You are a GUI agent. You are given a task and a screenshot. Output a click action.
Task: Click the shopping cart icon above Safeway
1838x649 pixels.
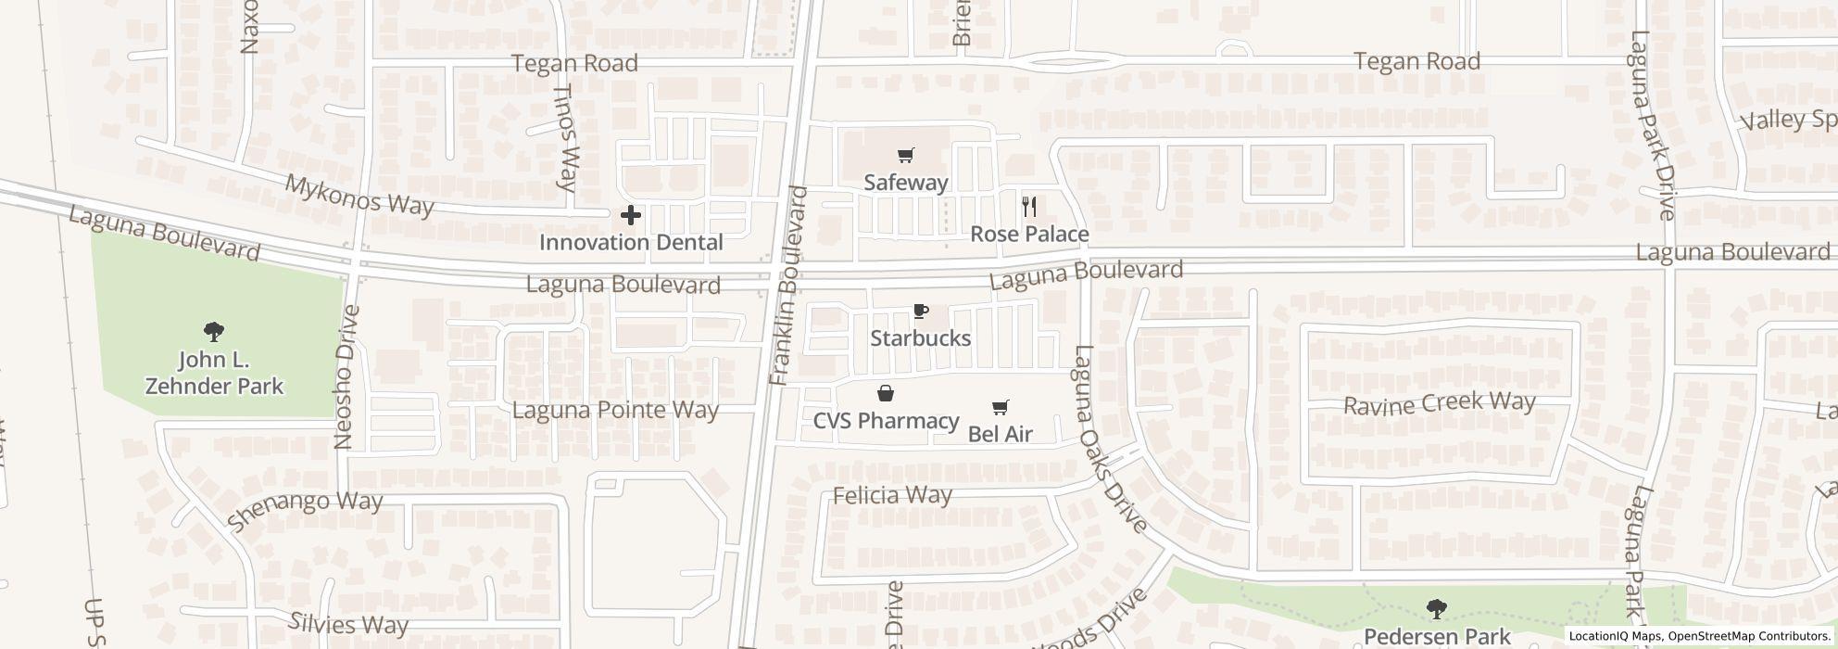(906, 156)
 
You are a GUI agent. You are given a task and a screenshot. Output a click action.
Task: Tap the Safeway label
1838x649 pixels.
(906, 183)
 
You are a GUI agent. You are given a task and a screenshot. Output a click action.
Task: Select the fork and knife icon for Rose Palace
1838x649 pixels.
(1029, 207)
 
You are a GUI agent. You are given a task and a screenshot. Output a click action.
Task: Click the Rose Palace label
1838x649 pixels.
(1029, 235)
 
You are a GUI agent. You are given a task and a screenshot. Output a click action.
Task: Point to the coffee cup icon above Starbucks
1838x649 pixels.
(920, 312)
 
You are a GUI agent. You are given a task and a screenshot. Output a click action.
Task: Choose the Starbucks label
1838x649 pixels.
(920, 338)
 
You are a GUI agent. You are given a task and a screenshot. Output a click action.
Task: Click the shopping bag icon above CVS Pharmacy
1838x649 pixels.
(886, 394)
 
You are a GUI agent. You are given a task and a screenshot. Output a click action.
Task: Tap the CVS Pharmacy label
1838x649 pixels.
(886, 421)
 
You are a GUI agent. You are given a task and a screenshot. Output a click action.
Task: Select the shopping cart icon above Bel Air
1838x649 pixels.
(1000, 407)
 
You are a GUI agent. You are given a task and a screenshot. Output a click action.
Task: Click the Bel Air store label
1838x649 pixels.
(1000, 434)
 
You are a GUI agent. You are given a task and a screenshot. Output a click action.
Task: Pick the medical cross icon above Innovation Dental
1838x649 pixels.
(631, 216)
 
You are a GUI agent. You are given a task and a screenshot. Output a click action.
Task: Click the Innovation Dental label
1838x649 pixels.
(631, 243)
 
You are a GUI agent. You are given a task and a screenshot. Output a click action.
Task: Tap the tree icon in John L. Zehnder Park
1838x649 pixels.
(214, 331)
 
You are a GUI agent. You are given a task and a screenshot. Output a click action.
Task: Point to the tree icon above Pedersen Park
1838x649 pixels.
(1436, 609)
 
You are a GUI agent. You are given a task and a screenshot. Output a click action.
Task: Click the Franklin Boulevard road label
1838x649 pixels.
(789, 286)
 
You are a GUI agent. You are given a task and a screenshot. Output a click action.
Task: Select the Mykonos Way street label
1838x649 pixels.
(359, 196)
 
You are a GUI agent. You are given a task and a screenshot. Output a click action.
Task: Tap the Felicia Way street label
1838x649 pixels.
(892, 495)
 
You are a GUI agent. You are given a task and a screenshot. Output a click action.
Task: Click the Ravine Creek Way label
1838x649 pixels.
(1439, 403)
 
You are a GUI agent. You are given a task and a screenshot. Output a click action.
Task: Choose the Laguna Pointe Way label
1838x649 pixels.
(615, 410)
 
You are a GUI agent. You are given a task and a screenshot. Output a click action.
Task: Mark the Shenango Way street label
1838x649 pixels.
(305, 510)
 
